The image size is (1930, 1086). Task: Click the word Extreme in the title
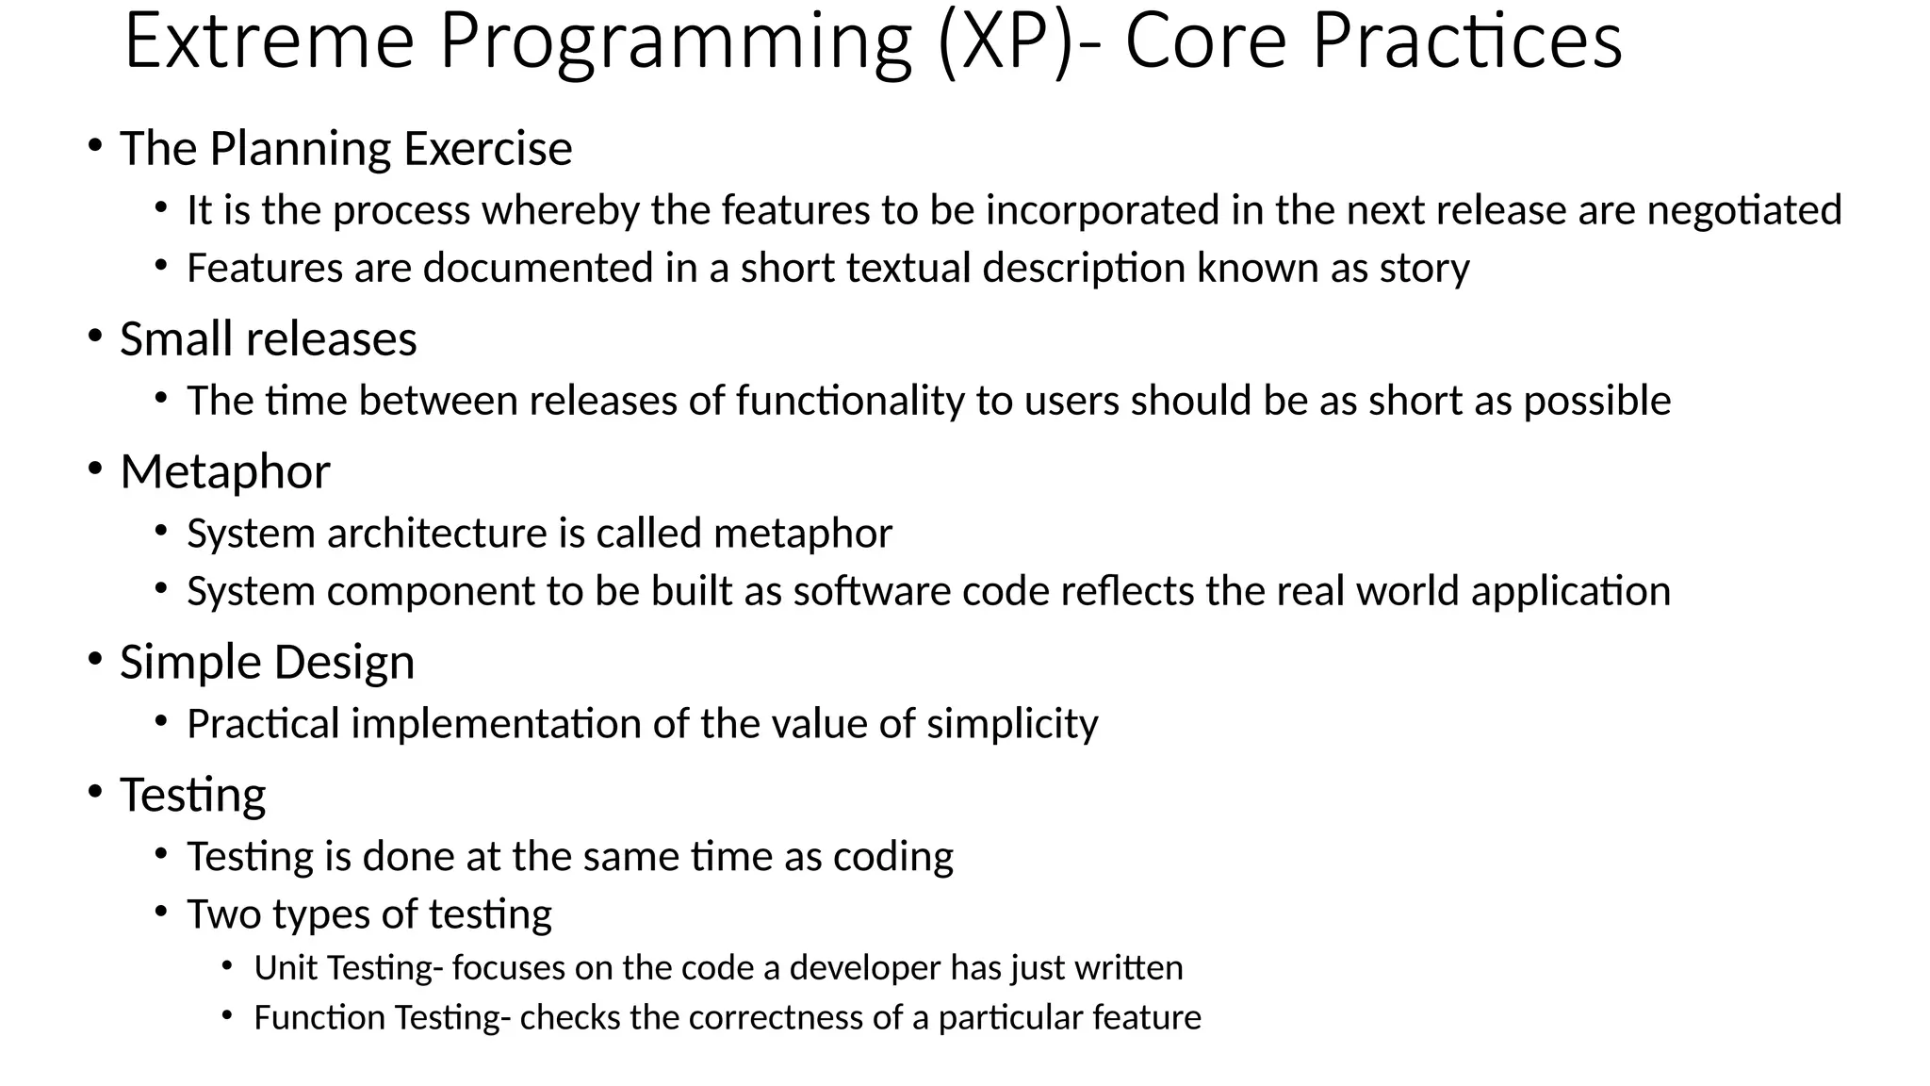tap(269, 42)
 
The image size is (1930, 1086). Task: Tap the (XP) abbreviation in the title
tap(1005, 42)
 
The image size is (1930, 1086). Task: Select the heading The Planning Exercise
tap(346, 149)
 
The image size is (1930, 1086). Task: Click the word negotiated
tap(1743, 210)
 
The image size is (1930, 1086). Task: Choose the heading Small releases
tap(268, 339)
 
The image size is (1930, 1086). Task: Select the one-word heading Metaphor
tap(225, 472)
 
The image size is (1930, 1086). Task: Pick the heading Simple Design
tap(267, 663)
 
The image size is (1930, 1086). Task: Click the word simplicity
tap(1012, 725)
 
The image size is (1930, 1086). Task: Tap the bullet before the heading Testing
tap(95, 792)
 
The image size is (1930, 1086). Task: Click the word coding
tap(892, 857)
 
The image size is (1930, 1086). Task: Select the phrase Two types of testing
tap(368, 914)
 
